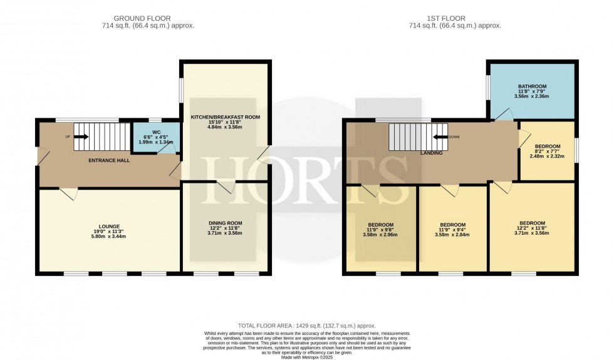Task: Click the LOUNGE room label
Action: point(108,226)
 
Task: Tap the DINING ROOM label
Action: point(225,222)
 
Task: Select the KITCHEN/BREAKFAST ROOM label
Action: point(225,117)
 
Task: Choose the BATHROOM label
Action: point(533,86)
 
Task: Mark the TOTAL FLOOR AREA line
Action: point(306,326)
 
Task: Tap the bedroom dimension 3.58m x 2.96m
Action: point(381,235)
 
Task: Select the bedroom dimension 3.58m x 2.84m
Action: point(452,235)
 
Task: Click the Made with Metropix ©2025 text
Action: point(307,356)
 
